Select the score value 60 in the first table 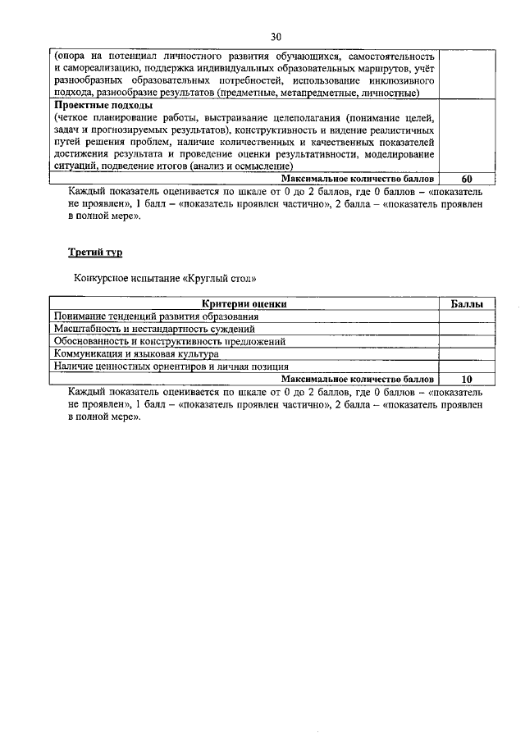click(467, 178)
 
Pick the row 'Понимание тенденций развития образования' click(157, 316)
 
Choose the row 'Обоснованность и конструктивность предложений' click(169, 341)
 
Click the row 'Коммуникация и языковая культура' click(136, 354)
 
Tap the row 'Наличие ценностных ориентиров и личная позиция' click(171, 366)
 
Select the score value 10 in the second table click(467, 380)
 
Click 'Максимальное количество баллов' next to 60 click(357, 178)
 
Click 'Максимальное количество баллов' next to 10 click(357, 380)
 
